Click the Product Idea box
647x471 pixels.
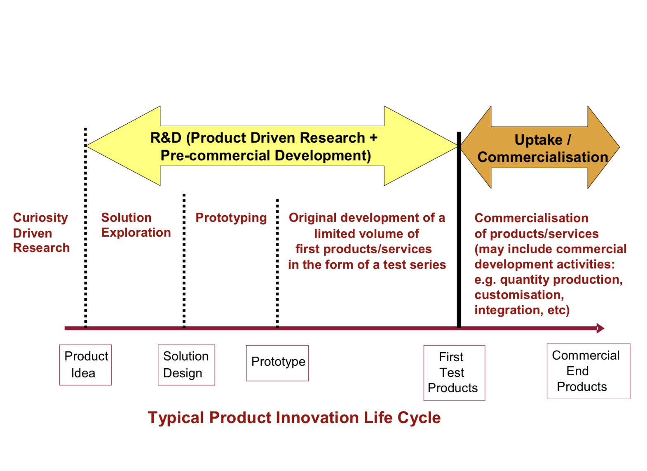pos(85,365)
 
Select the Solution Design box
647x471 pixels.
pos(186,365)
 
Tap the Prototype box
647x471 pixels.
pos(277,363)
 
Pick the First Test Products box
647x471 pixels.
pos(454,372)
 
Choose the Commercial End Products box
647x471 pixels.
pos(588,371)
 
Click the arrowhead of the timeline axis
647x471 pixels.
pos(600,328)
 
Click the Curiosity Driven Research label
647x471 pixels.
pos(41,233)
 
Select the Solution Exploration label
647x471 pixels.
pos(136,225)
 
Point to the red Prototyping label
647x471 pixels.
pos(231,218)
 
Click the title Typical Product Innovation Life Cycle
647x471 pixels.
pos(294,417)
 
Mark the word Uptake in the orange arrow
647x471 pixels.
pos(538,140)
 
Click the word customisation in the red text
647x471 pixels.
pos(519,295)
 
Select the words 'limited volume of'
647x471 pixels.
pos(366,234)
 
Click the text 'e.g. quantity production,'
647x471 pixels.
pos(548,280)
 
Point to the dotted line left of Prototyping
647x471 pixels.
pos(184,260)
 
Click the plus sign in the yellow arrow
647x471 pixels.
pos(373,137)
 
